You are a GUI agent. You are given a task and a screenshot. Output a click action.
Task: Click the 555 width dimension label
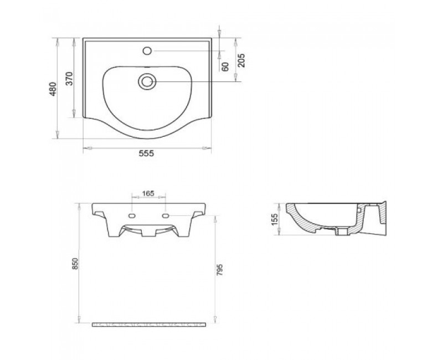146,153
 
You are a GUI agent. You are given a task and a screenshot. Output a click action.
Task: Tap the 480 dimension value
53,89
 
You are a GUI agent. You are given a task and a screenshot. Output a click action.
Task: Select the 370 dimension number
69,79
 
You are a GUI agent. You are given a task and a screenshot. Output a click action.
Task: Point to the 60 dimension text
225,66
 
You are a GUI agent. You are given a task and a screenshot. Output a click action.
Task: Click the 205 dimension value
241,60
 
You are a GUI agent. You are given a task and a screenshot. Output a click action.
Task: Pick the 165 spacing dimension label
148,193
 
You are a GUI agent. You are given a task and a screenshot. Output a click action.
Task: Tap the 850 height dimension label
75,264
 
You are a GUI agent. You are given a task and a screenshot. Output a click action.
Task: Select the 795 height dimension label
219,270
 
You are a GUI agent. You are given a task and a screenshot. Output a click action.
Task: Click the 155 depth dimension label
275,219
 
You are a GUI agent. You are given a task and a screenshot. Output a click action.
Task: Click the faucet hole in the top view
147,51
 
